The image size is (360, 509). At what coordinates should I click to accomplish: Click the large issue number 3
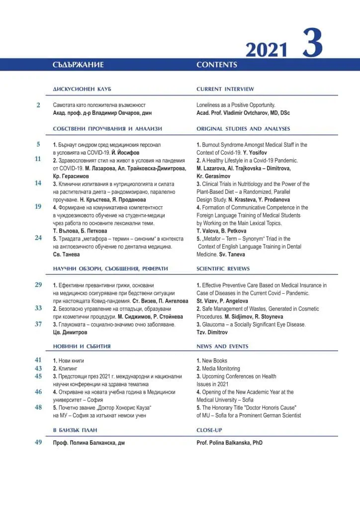pos(312,44)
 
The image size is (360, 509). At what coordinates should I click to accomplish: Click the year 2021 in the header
pos(267,50)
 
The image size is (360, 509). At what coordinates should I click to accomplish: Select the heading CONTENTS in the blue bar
pos(217,65)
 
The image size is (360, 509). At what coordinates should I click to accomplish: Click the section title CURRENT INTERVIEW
pos(225,89)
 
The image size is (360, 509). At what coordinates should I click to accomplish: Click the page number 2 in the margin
pos(38,105)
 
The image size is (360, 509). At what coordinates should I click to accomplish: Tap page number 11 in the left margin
pos(38,159)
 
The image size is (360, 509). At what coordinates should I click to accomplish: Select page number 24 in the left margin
pos(38,238)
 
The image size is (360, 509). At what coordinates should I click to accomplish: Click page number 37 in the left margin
pos(38,324)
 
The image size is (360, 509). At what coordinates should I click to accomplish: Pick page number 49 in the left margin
pos(38,442)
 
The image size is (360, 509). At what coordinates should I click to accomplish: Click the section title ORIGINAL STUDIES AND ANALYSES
pos(243,129)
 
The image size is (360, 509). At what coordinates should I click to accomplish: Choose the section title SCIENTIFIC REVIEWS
pos(223,268)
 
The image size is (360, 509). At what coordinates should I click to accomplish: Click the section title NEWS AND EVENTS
pos(222,346)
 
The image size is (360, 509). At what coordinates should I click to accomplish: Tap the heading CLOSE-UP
pos(211,429)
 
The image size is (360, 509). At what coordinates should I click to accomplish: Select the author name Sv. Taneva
pos(232,254)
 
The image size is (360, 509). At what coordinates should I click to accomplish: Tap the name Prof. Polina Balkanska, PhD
pos(230,442)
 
